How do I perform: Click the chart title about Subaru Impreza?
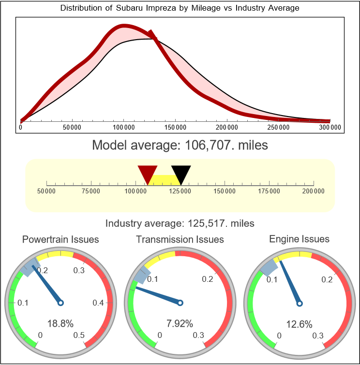coord(180,8)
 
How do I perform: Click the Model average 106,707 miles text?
coord(180,145)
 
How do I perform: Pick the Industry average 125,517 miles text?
coord(180,223)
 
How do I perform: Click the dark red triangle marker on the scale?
coord(148,173)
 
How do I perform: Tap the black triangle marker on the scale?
coord(181,173)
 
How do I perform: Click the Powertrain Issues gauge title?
coord(60,239)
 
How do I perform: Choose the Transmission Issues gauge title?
coord(180,239)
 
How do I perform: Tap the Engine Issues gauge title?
coord(299,239)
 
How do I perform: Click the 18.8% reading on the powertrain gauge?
coord(60,324)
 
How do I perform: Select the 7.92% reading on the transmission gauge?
coord(180,324)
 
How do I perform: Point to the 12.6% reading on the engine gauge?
coord(299,324)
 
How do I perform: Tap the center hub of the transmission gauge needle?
coord(180,303)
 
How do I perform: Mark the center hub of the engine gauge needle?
coord(299,303)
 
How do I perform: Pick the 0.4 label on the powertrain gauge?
coord(98,303)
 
